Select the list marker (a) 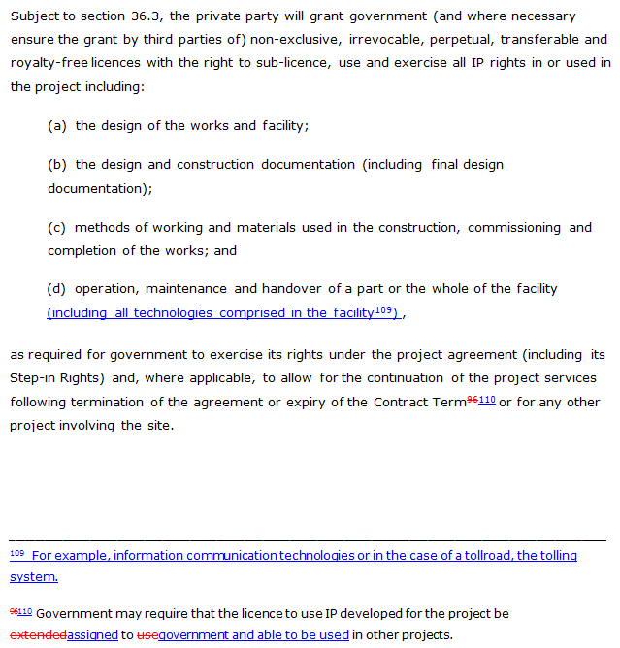(x=57, y=125)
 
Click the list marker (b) (x=57, y=164)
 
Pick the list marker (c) (x=57, y=227)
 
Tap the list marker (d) (x=57, y=289)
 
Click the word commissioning (x=514, y=227)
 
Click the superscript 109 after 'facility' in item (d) (x=383, y=309)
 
